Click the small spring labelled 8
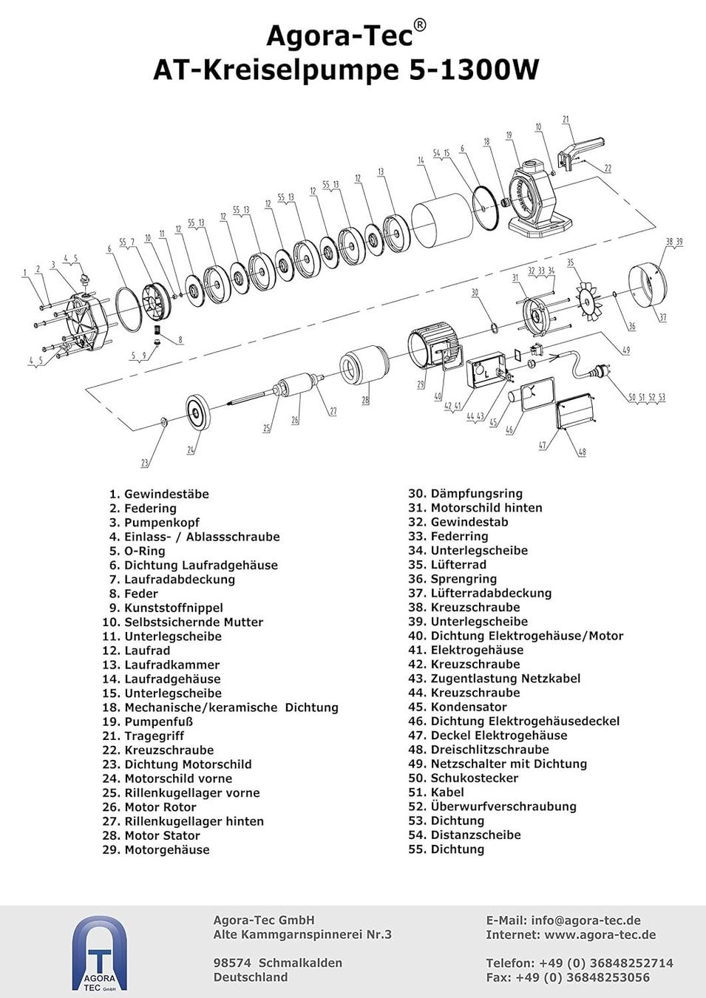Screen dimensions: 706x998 (x=157, y=330)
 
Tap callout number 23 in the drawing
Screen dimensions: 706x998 (x=144, y=463)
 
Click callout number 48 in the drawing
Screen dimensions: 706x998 (x=582, y=452)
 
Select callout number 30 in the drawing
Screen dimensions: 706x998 (x=475, y=292)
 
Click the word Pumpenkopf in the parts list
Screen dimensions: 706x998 (x=162, y=523)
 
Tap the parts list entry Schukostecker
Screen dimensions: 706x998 (x=475, y=778)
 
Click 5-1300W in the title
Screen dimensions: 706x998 (x=474, y=70)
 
